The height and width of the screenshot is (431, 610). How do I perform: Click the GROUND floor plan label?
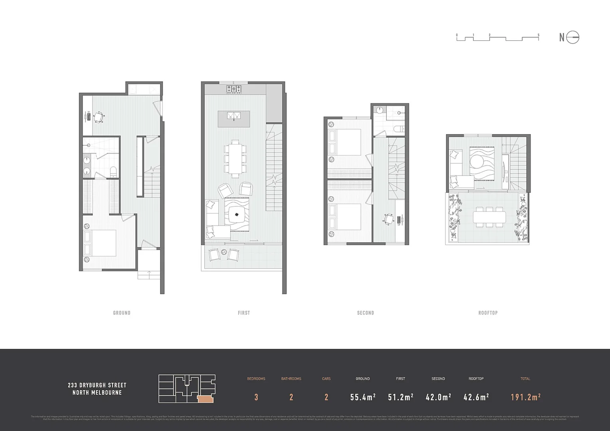tap(122, 313)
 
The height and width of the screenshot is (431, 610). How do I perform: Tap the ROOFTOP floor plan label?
tap(488, 313)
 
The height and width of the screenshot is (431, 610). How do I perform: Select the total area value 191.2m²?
tap(525, 397)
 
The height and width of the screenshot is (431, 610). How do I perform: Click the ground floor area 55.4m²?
tap(362, 397)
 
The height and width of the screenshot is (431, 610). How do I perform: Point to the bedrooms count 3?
tap(256, 397)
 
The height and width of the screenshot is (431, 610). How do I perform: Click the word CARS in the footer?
tap(326, 379)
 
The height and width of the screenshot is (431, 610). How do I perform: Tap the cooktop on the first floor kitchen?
tap(234, 89)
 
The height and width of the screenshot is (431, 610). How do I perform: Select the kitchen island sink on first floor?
tap(234, 116)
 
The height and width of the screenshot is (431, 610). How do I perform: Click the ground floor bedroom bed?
tap(100, 243)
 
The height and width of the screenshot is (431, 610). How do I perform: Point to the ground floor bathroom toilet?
tap(113, 172)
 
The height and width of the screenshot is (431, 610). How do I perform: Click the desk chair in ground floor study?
tap(99, 117)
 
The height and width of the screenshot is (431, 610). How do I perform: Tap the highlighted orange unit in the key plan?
tap(205, 398)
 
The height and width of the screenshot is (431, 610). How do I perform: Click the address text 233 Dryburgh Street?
tap(97, 385)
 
